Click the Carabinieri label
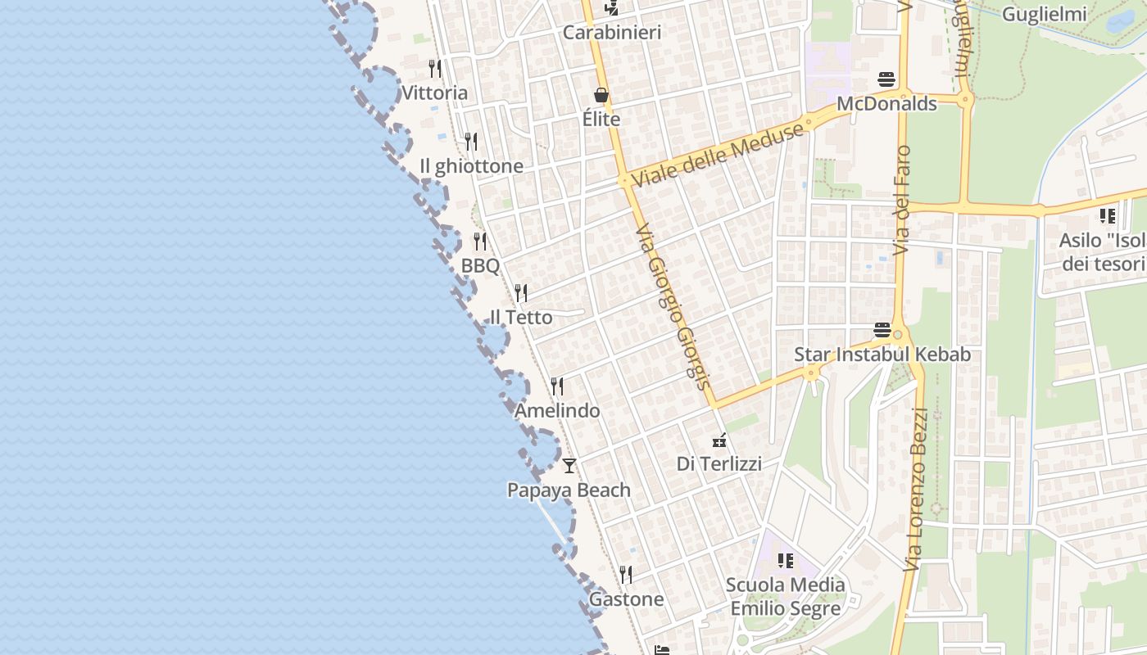pyautogui.click(x=611, y=33)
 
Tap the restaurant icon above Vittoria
pyautogui.click(x=435, y=69)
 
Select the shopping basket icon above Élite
pyautogui.click(x=601, y=96)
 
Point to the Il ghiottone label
pyautogui.click(x=471, y=166)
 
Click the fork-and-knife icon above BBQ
pyautogui.click(x=480, y=242)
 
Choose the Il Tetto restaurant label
pyautogui.click(x=521, y=318)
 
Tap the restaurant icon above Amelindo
pyautogui.click(x=557, y=386)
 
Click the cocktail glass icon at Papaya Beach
pyautogui.click(x=569, y=466)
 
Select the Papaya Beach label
pyautogui.click(x=569, y=490)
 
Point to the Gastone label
pyautogui.click(x=627, y=599)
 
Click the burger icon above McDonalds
pyautogui.click(x=886, y=79)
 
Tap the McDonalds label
pyautogui.click(x=886, y=104)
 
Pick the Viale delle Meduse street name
pyautogui.click(x=718, y=155)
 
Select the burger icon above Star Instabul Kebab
pyautogui.click(x=882, y=330)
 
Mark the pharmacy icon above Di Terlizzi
pyautogui.click(x=719, y=440)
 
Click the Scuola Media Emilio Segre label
pyautogui.click(x=785, y=597)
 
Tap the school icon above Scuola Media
pyautogui.click(x=786, y=561)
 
